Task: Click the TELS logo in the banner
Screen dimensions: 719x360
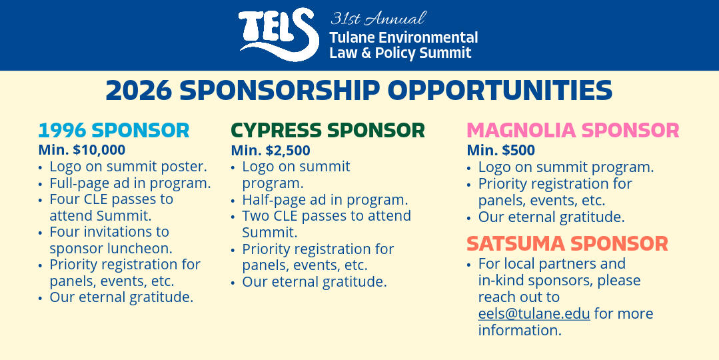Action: pyautogui.click(x=279, y=35)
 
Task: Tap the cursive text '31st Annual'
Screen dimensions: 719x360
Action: pyautogui.click(x=378, y=19)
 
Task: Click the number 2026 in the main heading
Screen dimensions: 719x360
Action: pyautogui.click(x=139, y=91)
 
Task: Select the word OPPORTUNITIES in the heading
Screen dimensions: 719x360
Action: pyautogui.click(x=500, y=91)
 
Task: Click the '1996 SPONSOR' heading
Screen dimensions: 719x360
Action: pyautogui.click(x=114, y=131)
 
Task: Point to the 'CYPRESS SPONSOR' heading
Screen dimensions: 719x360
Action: pyautogui.click(x=328, y=131)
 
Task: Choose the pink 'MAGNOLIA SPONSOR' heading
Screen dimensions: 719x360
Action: pyautogui.click(x=572, y=131)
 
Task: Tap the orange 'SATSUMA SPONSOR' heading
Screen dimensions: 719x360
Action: pyautogui.click(x=567, y=244)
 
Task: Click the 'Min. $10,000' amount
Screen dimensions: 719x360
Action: pyautogui.click(x=82, y=150)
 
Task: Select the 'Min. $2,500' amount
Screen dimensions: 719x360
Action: pyautogui.click(x=271, y=151)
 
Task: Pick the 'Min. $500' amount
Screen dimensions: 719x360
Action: pyautogui.click(x=500, y=151)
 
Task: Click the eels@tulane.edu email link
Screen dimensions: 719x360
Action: pyautogui.click(x=534, y=314)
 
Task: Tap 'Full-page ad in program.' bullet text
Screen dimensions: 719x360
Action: pyautogui.click(x=130, y=183)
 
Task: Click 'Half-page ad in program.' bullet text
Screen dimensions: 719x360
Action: pyautogui.click(x=325, y=200)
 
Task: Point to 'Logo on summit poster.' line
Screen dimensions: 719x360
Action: pyautogui.click(x=129, y=167)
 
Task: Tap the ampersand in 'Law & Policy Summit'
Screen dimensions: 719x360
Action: pyautogui.click(x=366, y=53)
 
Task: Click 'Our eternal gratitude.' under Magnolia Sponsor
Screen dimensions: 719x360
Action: pyautogui.click(x=551, y=217)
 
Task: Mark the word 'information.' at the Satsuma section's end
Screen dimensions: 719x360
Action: pyautogui.click(x=520, y=330)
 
